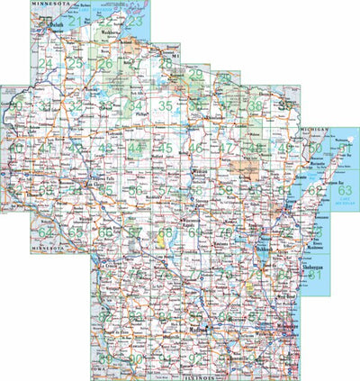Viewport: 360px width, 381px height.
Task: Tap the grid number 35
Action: pos(165,106)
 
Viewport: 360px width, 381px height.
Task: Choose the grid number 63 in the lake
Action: pos(345,190)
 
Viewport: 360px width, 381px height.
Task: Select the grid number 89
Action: pos(106,359)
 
